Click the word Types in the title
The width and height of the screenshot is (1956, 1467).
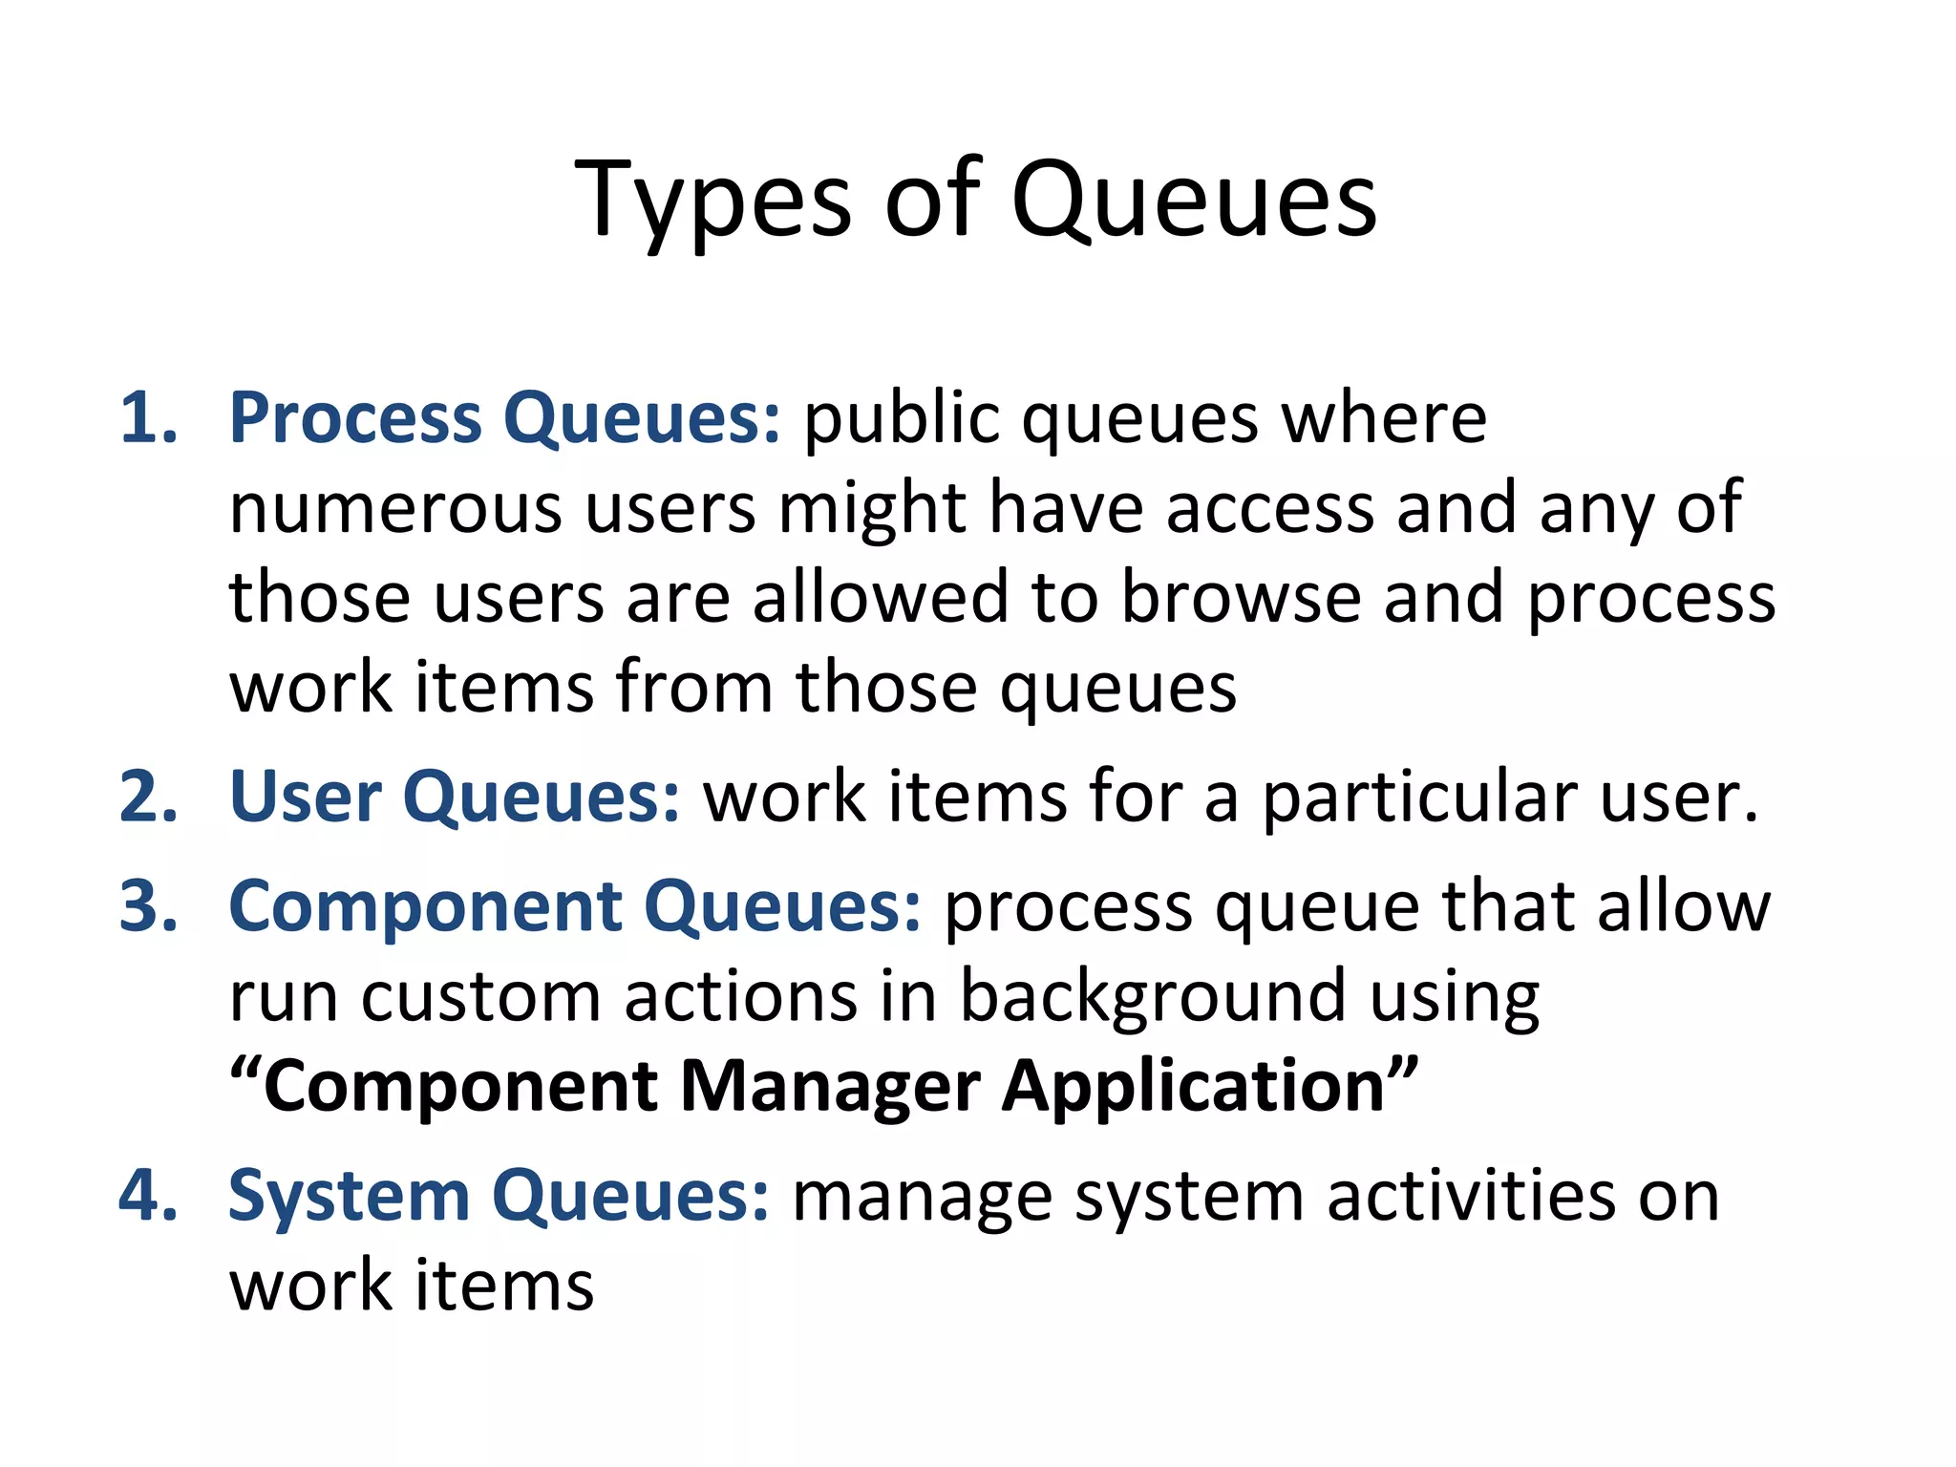click(712, 201)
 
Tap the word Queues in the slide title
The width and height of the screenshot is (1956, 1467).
click(1193, 201)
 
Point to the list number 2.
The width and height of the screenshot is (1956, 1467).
click(148, 797)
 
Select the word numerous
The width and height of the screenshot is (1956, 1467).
click(395, 508)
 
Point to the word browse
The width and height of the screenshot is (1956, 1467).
click(1240, 598)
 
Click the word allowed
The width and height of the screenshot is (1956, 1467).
click(880, 598)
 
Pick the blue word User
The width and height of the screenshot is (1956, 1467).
click(305, 797)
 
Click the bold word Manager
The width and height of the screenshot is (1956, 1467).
click(830, 1087)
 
